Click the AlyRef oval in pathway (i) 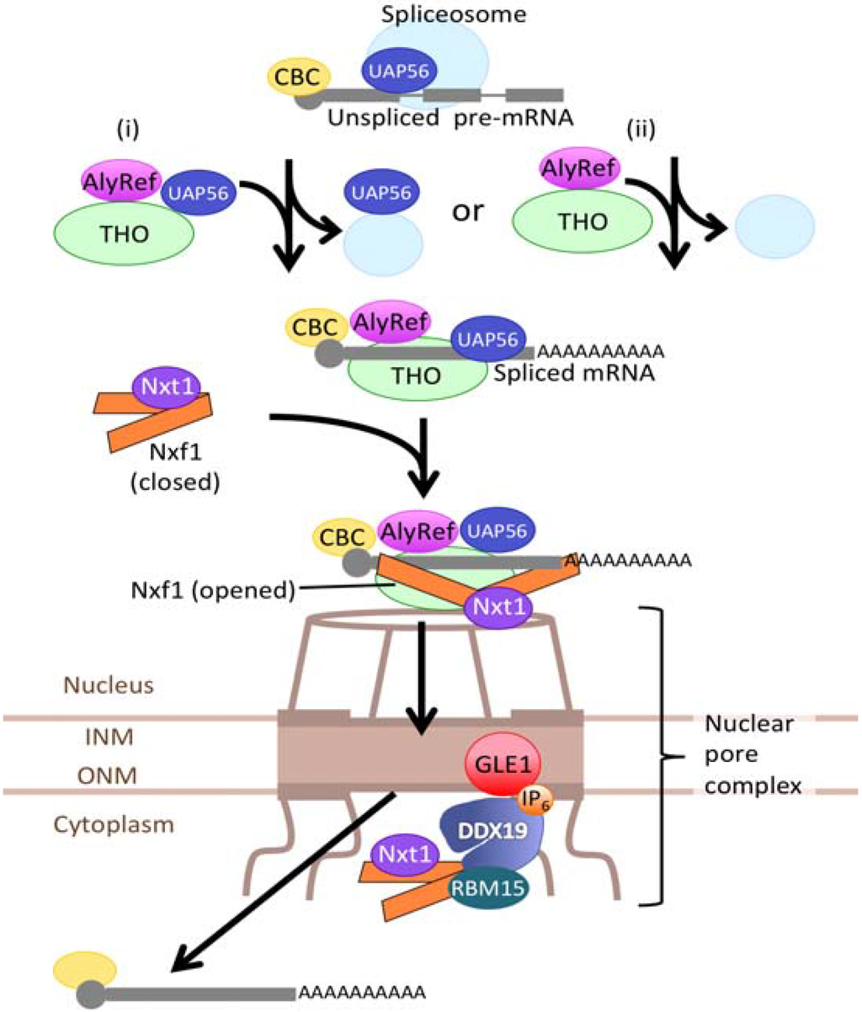click(122, 180)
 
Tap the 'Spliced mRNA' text click(587, 373)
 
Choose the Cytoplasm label click(114, 823)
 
